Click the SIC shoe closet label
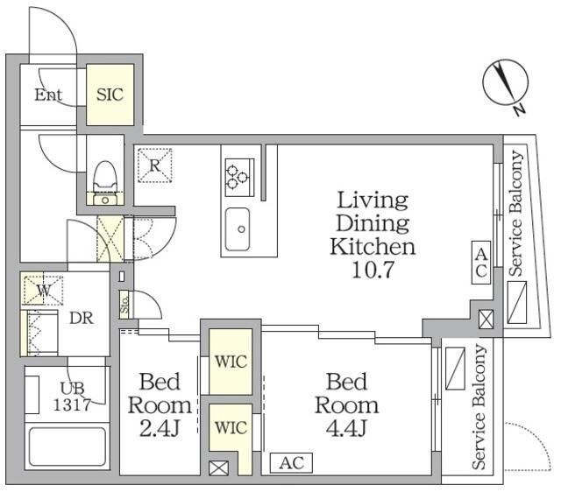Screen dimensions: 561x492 [x=110, y=95]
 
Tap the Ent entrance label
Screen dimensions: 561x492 [x=48, y=95]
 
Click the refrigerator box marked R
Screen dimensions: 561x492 [x=155, y=165]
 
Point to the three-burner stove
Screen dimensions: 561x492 [x=239, y=178]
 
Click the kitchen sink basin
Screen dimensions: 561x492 [x=238, y=229]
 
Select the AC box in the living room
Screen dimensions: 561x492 [x=481, y=263]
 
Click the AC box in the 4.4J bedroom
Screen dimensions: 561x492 [x=291, y=463]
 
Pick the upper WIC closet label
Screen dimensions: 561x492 [x=231, y=362]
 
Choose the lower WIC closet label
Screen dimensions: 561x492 [x=231, y=427]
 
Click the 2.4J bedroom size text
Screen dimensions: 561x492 [x=159, y=428]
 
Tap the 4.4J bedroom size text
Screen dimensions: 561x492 [x=346, y=428]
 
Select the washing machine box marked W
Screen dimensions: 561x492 [x=43, y=290]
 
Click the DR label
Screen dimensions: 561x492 [x=82, y=318]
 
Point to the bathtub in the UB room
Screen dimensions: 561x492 [x=67, y=446]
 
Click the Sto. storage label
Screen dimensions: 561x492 [x=124, y=305]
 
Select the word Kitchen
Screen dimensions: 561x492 [x=373, y=247]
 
